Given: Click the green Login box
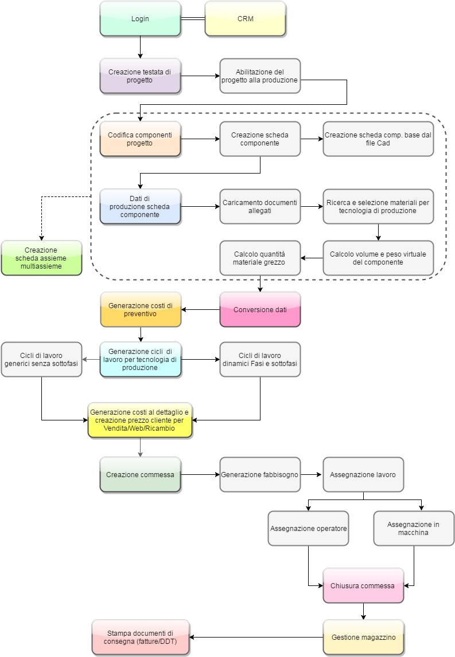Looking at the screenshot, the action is click(140, 19).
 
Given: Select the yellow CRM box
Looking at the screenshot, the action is click(246, 19).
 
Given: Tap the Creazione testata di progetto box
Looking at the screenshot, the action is click(140, 76).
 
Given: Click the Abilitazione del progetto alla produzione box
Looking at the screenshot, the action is click(260, 76).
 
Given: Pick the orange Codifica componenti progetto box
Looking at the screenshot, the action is click(140, 139).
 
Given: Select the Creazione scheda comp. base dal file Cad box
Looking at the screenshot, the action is click(378, 139).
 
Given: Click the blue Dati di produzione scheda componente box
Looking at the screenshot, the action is click(140, 207).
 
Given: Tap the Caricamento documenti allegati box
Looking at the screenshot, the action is click(260, 207).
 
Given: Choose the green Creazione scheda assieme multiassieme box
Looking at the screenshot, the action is click(41, 258).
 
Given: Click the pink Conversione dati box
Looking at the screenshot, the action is click(260, 310).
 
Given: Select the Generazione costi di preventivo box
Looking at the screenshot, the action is click(141, 310).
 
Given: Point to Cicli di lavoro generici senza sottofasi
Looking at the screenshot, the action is click(41, 360).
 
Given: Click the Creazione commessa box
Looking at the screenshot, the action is click(140, 475).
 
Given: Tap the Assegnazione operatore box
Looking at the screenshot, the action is click(309, 528).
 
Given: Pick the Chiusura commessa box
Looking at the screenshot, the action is click(364, 586).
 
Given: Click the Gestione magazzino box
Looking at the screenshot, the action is click(364, 638).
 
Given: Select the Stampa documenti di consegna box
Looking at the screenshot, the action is click(141, 638).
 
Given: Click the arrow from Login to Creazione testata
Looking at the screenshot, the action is click(140, 48).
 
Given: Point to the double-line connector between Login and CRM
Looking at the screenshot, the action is click(193, 19).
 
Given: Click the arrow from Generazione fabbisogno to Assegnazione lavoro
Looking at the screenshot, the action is click(312, 475).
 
